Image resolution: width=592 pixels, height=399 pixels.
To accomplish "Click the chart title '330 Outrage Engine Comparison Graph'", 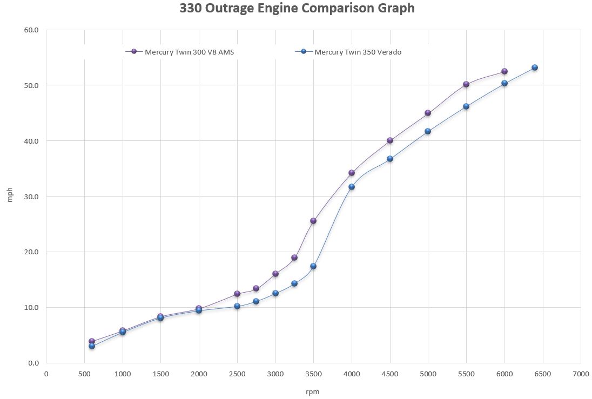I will click(x=297, y=9).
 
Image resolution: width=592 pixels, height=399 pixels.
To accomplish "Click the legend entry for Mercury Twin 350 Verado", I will click(x=357, y=52).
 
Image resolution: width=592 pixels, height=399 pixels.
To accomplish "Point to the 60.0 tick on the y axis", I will click(x=31, y=30).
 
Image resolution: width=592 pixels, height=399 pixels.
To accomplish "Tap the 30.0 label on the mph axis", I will click(x=31, y=197).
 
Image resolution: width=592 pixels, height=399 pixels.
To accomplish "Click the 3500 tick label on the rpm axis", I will click(x=313, y=373).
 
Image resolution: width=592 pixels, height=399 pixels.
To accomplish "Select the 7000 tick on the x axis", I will click(x=581, y=373).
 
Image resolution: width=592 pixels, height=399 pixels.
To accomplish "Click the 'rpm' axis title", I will click(x=313, y=392).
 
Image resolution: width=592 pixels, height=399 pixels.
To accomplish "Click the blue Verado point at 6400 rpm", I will click(x=535, y=67).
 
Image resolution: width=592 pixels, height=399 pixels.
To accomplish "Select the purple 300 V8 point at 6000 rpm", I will click(x=504, y=71).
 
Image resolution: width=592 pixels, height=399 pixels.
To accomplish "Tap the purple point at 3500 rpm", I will click(x=313, y=221).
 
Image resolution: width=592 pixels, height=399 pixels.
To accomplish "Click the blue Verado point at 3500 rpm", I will click(x=313, y=266).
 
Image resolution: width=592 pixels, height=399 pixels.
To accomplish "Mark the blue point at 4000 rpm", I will click(x=352, y=187).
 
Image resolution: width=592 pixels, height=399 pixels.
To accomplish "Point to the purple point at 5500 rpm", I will click(x=466, y=84).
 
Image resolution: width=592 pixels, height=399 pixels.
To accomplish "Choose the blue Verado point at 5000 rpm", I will click(x=428, y=131).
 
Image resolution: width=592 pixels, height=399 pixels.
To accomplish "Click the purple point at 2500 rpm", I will click(x=237, y=294).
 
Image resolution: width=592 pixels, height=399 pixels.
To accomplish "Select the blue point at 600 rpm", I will click(x=92, y=346).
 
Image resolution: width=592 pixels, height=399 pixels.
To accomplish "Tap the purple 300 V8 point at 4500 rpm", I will click(x=390, y=140).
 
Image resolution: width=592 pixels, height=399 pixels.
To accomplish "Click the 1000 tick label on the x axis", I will click(x=123, y=373).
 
